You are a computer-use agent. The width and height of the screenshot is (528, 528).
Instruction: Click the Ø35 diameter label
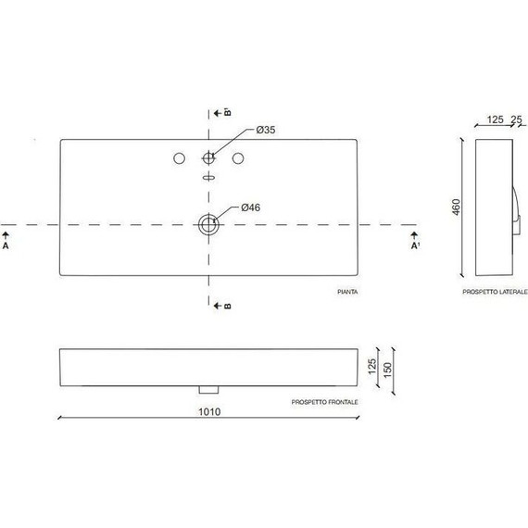[264, 130]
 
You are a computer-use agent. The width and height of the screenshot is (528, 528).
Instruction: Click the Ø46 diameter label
[250, 207]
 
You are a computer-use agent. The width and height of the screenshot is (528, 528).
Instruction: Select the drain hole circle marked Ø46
[209, 223]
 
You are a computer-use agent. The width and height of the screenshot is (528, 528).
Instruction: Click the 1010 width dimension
[209, 411]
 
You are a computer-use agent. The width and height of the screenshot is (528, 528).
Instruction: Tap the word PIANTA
[348, 292]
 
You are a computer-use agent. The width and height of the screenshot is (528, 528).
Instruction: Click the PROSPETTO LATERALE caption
[496, 292]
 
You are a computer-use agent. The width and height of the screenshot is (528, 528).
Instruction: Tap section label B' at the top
[227, 113]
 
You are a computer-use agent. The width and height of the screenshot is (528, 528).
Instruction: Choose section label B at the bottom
[227, 306]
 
